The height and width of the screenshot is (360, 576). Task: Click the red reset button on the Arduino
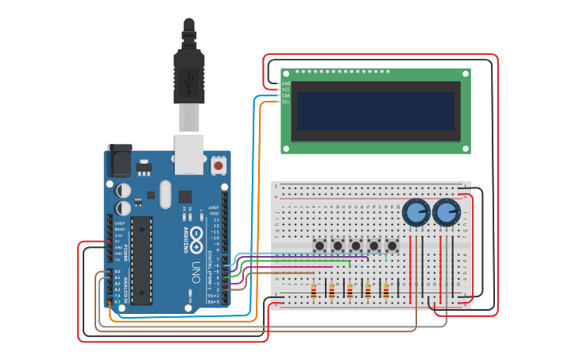coord(218,165)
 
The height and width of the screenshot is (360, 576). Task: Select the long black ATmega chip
coord(141,260)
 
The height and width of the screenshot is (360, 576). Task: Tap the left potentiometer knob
coord(416,212)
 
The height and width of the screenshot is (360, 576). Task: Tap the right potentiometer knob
coord(446,212)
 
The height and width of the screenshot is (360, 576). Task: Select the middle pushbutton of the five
coord(355,246)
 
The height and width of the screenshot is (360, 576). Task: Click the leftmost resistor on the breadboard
coord(314,291)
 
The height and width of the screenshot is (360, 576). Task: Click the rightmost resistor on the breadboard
coord(387,291)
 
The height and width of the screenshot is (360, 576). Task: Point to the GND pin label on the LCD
coord(286,83)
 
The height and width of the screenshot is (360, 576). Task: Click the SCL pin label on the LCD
coord(286,102)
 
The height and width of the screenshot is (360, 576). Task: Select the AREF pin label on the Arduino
coord(214,207)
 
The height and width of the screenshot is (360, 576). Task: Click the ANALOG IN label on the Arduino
coord(124,292)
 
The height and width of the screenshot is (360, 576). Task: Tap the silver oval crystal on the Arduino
coord(165,194)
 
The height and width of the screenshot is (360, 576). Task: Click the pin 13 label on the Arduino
coord(215,219)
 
